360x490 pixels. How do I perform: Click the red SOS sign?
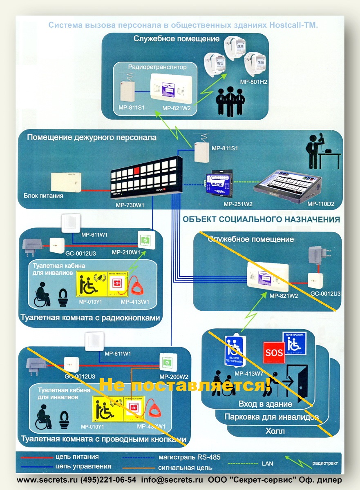pos(275,352)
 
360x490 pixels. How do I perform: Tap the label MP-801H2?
pos(253,82)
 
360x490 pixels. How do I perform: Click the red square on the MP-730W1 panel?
pos(137,169)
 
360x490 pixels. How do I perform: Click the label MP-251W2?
pos(238,203)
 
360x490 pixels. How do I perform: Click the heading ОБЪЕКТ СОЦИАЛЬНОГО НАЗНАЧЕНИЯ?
pos(261,219)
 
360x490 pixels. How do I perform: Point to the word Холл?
pos(275,431)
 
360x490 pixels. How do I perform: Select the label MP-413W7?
pos(245,372)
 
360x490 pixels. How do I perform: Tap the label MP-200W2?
pos(174,376)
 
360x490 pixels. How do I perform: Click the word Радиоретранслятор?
pos(157,67)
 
